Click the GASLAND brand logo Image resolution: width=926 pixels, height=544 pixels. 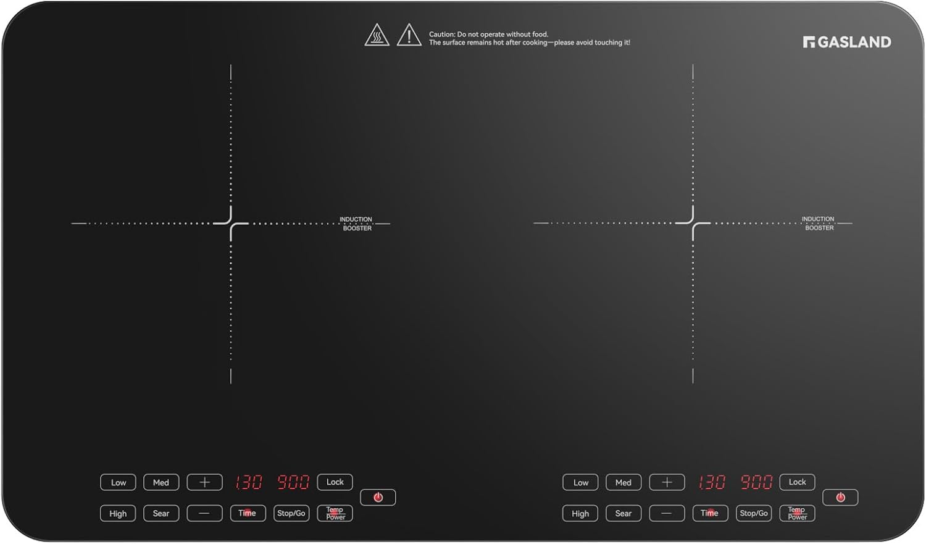coord(847,42)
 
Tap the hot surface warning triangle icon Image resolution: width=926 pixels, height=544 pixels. coord(377,35)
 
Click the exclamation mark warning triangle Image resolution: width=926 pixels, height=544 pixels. coord(409,35)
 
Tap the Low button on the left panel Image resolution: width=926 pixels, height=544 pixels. coord(118,482)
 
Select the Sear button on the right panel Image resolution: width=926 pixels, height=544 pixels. coord(624,513)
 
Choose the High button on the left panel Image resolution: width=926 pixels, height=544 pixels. coord(118,513)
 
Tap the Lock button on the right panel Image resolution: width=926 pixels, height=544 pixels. coord(797,482)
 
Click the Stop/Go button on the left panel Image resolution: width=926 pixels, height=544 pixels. coord(291,513)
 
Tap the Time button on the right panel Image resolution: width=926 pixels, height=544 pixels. coord(710,513)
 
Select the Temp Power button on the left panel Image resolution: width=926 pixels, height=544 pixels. coord(335,513)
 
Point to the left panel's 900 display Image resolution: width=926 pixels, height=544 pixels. coord(293,482)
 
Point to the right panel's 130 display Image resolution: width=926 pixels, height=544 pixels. coord(711,482)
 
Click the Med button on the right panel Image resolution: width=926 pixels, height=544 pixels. coord(624,482)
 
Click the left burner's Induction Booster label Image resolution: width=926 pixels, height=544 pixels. coord(356,224)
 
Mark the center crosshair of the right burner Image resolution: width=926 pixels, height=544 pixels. coord(693,224)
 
